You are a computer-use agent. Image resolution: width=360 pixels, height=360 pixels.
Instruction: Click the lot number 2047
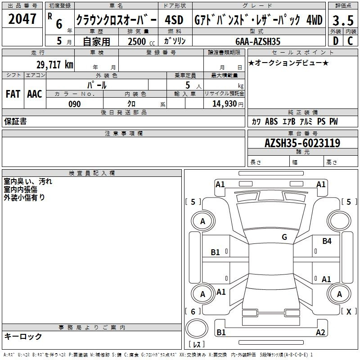22,19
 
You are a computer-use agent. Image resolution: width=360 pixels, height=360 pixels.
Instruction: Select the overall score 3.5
343,20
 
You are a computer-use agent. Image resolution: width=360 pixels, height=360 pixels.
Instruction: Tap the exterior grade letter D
336,41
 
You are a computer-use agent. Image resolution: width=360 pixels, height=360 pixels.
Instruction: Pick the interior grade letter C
350,41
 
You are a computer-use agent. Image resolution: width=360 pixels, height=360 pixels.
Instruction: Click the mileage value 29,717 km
55,65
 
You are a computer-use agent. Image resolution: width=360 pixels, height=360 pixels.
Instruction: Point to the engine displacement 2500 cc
141,41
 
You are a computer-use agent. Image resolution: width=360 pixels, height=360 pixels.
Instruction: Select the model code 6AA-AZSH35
258,41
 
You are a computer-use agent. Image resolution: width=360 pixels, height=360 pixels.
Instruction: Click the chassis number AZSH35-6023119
302,143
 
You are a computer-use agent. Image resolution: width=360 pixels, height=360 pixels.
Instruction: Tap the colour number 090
75,104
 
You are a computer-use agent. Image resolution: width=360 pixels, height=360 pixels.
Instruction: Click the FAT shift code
13,94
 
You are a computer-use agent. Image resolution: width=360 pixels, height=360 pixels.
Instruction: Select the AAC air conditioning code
35,94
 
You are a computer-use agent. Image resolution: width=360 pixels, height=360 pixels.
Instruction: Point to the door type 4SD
174,20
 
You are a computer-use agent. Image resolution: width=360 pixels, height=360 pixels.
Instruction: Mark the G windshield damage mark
284,237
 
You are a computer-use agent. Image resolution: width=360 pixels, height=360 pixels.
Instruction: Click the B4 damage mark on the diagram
327,241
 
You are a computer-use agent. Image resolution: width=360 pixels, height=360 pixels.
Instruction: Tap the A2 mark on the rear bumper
320,332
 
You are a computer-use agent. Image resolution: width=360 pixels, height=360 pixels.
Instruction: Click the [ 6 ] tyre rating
193,311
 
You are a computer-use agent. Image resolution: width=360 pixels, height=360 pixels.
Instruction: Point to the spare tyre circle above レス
197,328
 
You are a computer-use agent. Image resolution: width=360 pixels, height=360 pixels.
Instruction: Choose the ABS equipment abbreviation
271,121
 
